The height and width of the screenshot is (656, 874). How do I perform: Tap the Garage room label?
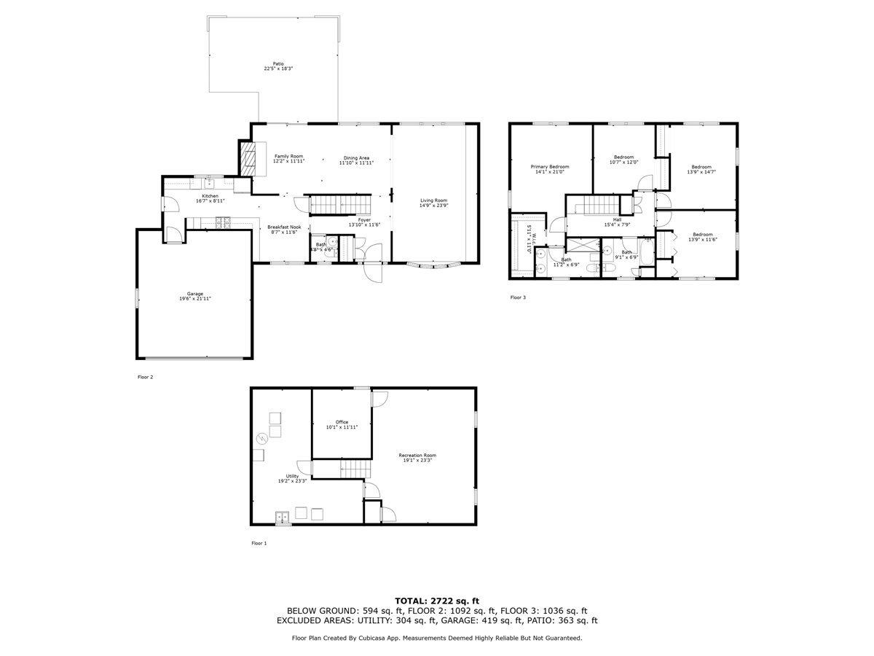[x=195, y=296]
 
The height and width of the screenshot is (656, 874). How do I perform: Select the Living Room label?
[x=433, y=203]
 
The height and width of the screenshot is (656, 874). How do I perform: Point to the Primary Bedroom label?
[x=550, y=169]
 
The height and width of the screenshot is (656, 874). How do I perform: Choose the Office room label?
[x=342, y=424]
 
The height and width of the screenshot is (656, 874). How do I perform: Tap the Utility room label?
[x=292, y=478]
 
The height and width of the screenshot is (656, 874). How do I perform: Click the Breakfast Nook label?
[x=284, y=230]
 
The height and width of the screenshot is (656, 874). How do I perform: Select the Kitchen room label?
[x=210, y=198]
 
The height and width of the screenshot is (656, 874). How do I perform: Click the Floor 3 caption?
[x=517, y=297]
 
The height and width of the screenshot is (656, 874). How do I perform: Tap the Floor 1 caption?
[x=259, y=543]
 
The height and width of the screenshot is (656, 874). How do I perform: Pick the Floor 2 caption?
[x=145, y=377]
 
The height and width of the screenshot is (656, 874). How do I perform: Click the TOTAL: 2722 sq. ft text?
[x=437, y=600]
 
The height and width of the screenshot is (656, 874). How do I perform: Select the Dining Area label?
[x=356, y=160]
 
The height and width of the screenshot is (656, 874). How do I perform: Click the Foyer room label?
[x=364, y=222]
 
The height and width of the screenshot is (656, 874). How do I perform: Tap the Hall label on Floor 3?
[x=617, y=222]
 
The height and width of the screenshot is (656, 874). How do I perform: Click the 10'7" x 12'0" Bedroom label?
[x=624, y=160]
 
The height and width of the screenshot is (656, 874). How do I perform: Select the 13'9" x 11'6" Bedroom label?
[x=702, y=237]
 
